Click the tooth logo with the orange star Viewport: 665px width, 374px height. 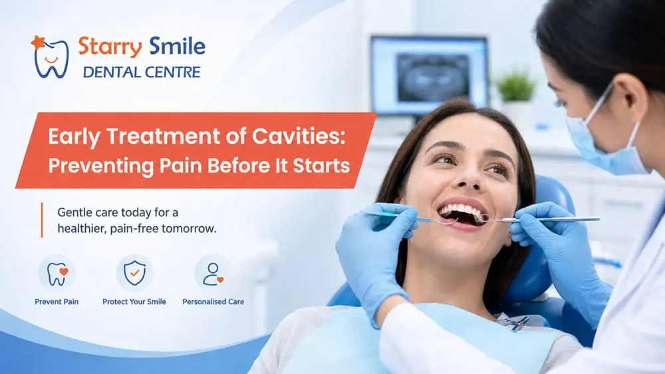tap(50, 57)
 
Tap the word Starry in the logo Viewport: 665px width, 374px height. tap(110, 47)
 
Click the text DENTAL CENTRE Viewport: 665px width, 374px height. tap(142, 72)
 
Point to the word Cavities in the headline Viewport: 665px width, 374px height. tap(299, 136)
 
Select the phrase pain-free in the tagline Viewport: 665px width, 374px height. tap(134, 229)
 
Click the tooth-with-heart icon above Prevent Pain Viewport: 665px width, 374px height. tap(57, 273)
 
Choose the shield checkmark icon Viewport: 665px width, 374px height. tap(134, 273)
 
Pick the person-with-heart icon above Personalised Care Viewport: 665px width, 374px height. tap(213, 273)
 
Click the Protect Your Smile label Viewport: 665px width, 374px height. tap(134, 302)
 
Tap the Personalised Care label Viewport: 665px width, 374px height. tap(213, 302)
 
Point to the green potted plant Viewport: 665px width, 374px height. tap(516, 87)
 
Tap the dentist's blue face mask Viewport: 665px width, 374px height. tap(607, 146)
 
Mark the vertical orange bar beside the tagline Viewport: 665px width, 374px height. tap(42, 220)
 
